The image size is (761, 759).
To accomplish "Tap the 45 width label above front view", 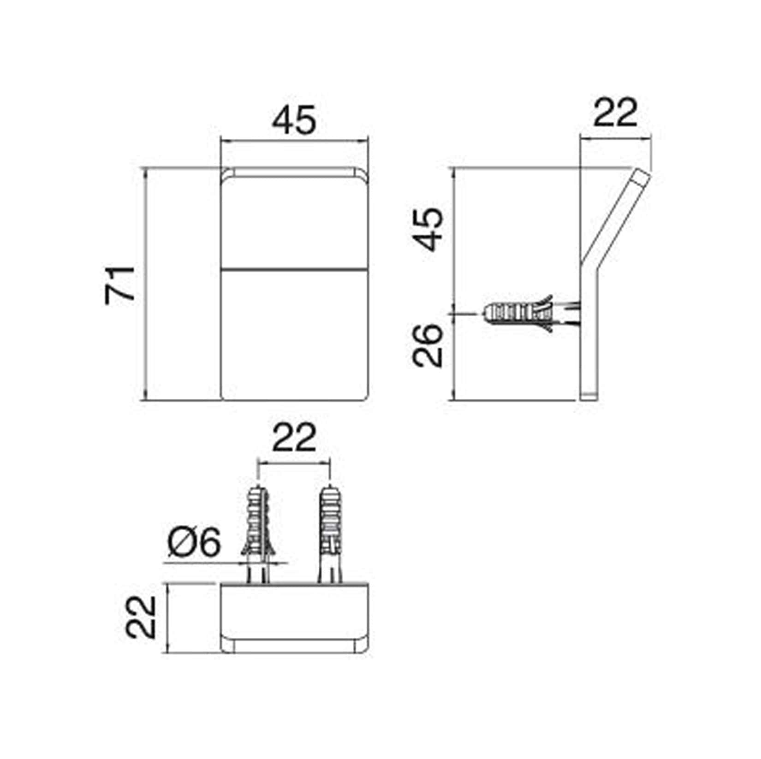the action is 294,120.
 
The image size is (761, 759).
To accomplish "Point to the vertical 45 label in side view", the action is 428,229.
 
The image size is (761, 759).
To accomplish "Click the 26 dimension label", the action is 428,345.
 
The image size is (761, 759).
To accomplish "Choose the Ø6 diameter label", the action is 194,543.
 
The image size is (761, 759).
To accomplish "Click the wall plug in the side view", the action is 530,313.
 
